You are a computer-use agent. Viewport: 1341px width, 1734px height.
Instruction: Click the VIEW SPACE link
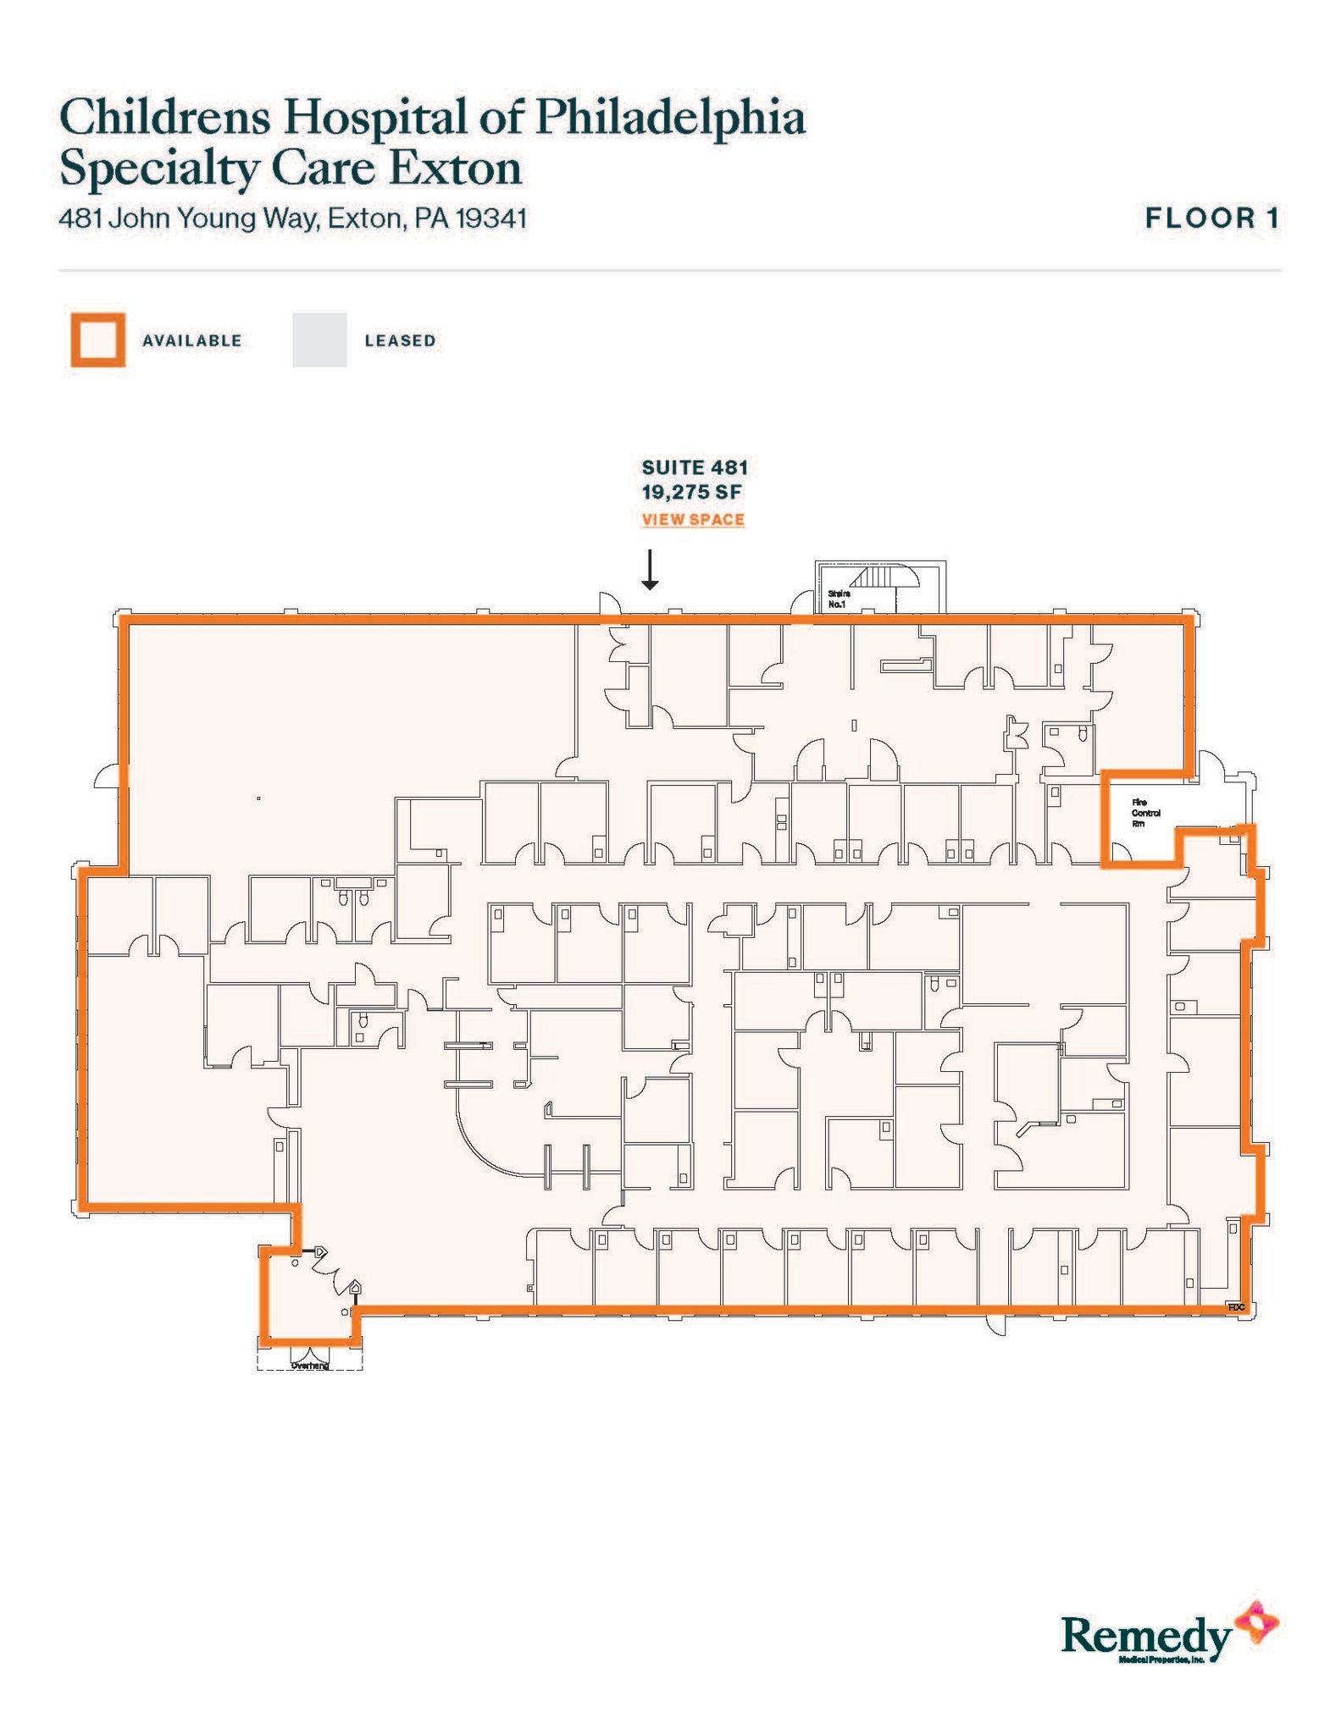coord(693,520)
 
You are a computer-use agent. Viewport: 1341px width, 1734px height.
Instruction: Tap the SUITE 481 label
coord(695,467)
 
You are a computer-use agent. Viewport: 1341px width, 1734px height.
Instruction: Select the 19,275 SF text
coord(691,492)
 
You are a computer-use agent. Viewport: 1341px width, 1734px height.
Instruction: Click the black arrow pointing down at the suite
coord(650,571)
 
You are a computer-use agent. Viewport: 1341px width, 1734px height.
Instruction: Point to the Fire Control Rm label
coord(1145,813)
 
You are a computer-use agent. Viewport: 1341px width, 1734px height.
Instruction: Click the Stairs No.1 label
coord(838,599)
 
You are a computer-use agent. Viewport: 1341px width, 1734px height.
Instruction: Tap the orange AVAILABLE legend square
coord(98,340)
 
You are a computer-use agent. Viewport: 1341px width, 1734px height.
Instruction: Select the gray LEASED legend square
coord(319,340)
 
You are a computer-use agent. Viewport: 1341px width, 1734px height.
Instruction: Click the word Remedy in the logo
coord(1145,1635)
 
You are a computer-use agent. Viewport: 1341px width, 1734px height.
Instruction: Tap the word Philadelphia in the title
coord(669,118)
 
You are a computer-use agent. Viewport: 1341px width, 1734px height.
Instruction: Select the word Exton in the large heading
coord(455,168)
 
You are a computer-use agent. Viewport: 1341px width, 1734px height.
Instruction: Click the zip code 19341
coord(491,219)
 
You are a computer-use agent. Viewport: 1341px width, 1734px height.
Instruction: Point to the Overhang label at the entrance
coord(309,1365)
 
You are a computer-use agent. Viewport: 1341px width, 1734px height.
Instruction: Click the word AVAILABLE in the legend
coord(192,341)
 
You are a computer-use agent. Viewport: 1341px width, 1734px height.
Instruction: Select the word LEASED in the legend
coord(400,341)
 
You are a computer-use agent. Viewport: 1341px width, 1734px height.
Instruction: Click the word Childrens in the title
coord(164,118)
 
